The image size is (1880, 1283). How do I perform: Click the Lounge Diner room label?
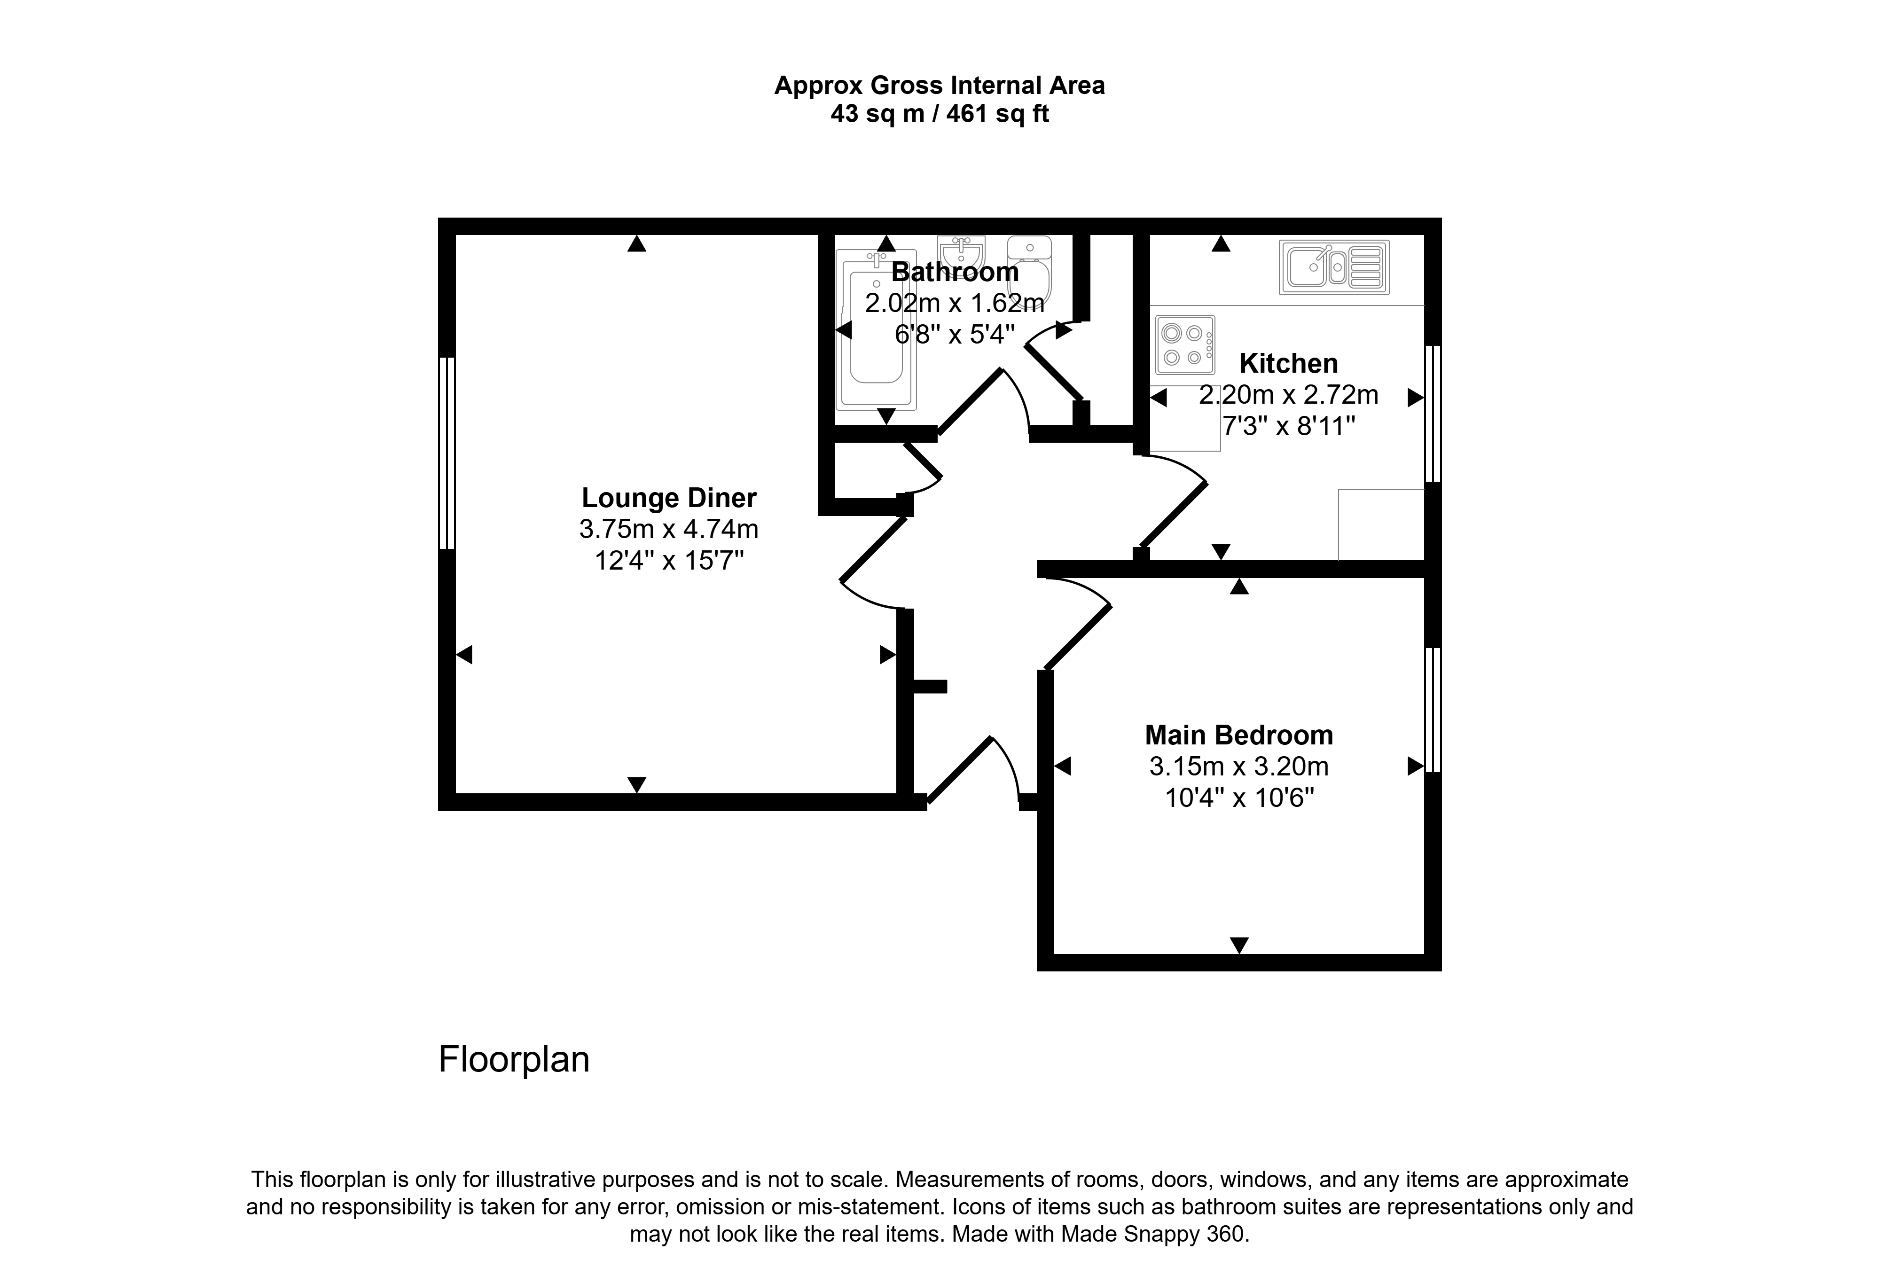(x=669, y=498)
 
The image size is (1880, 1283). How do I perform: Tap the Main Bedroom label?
(x=1238, y=735)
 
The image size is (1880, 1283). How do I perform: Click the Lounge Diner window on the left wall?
(x=446, y=453)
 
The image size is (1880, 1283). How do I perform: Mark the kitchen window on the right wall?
(x=1433, y=414)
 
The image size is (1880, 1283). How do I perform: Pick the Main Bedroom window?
(x=1433, y=710)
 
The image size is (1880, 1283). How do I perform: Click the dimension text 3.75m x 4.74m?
(x=669, y=529)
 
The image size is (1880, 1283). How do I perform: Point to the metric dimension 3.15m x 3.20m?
(x=1238, y=766)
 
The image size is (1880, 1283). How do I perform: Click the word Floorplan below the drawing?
(x=514, y=1060)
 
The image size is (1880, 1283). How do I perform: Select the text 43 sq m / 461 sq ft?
(x=939, y=114)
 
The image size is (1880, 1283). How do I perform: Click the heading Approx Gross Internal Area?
(x=939, y=85)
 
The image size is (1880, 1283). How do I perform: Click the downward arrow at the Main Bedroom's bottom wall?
(x=1238, y=945)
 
